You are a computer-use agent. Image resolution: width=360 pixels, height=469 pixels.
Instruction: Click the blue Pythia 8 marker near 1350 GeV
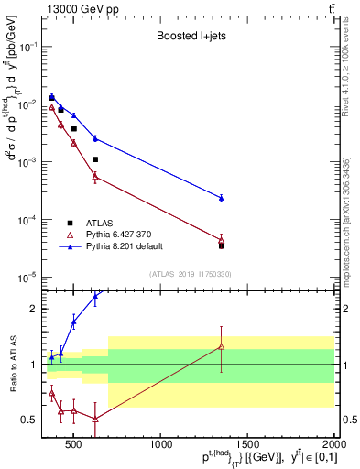point(222,198)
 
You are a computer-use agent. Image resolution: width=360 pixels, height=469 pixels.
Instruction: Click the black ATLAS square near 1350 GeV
point(222,245)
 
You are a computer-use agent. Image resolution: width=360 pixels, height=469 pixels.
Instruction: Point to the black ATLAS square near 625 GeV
point(95,159)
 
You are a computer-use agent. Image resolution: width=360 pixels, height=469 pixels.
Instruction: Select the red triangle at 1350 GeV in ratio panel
point(222,346)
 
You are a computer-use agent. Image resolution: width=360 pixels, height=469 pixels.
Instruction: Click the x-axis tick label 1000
point(160,446)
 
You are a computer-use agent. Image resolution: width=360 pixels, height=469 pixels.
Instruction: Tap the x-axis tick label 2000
point(334,446)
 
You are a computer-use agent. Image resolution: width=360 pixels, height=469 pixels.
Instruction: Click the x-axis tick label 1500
point(247,446)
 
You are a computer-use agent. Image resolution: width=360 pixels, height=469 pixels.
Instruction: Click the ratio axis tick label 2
point(34,309)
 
